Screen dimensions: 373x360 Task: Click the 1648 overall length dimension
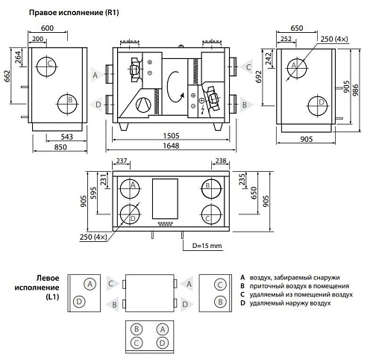[171, 146]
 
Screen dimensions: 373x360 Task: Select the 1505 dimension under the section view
[171, 136]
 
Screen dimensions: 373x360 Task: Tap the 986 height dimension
[356, 90]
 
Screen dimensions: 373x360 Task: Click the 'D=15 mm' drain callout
[207, 246]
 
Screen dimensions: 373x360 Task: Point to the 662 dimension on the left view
[7, 76]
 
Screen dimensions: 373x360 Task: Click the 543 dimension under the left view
[67, 137]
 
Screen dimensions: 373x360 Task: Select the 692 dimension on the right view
[258, 77]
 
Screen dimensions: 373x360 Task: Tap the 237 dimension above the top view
[122, 161]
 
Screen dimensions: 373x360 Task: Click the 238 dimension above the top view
[221, 161]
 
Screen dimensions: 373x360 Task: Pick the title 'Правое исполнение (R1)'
[74, 13]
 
